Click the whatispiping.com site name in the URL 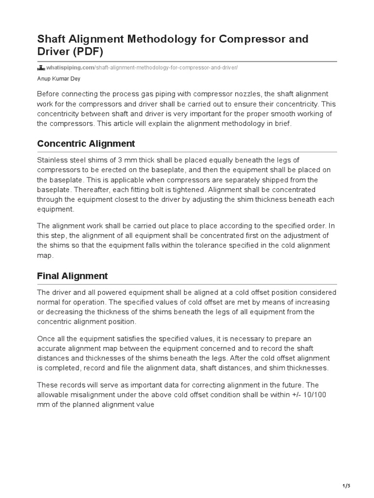(70, 68)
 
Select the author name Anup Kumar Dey (59, 79)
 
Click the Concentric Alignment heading (86, 144)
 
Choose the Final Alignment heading (72, 276)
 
